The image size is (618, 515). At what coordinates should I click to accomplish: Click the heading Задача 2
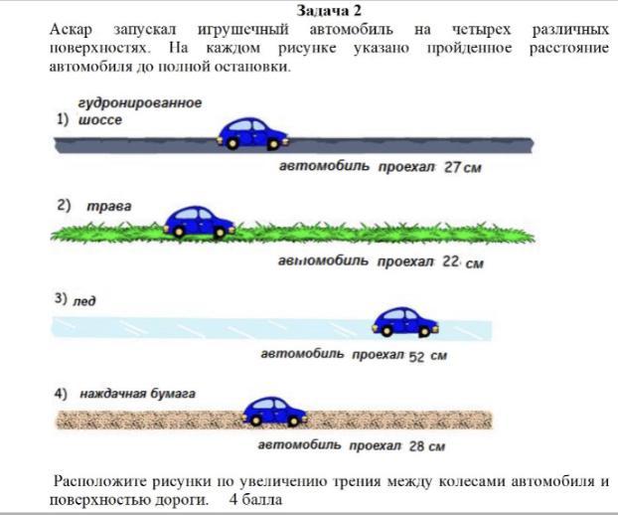tap(327, 10)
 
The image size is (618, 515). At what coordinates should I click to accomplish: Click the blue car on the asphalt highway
tap(252, 133)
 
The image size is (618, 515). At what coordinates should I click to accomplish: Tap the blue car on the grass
tap(199, 221)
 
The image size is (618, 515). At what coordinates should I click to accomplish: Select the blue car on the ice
tap(404, 320)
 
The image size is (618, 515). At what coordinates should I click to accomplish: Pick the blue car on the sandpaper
tap(273, 410)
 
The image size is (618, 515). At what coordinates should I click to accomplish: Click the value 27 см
tap(462, 168)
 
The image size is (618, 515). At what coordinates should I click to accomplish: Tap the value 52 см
tap(428, 356)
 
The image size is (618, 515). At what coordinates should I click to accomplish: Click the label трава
tap(108, 207)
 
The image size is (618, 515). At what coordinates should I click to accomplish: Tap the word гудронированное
tap(140, 102)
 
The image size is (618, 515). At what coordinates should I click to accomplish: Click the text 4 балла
tap(255, 499)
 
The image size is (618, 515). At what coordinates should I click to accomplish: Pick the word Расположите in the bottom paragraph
tap(100, 482)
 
